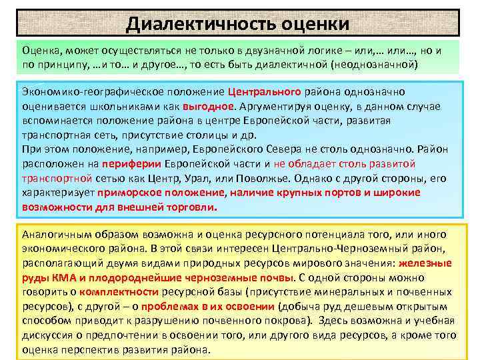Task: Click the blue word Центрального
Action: (x=265, y=91)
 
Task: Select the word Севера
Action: (x=252, y=149)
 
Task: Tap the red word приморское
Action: (x=127, y=193)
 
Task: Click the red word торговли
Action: (x=191, y=207)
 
